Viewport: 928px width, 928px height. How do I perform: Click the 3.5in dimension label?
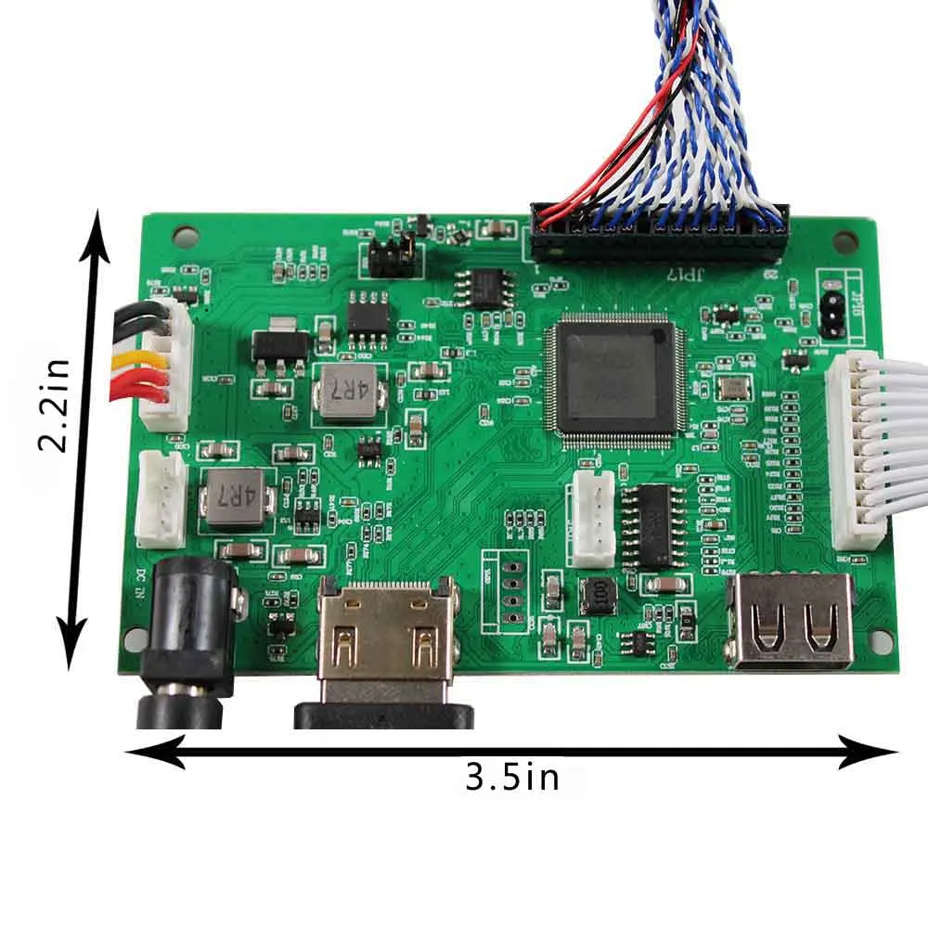tap(512, 776)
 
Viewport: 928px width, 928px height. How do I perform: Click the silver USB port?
tap(792, 620)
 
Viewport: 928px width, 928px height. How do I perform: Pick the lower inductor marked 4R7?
tap(233, 497)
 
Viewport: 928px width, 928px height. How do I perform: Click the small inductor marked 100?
tap(599, 595)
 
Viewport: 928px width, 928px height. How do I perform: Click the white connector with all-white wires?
tap(855, 453)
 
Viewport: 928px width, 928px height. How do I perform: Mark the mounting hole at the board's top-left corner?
tap(187, 234)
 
